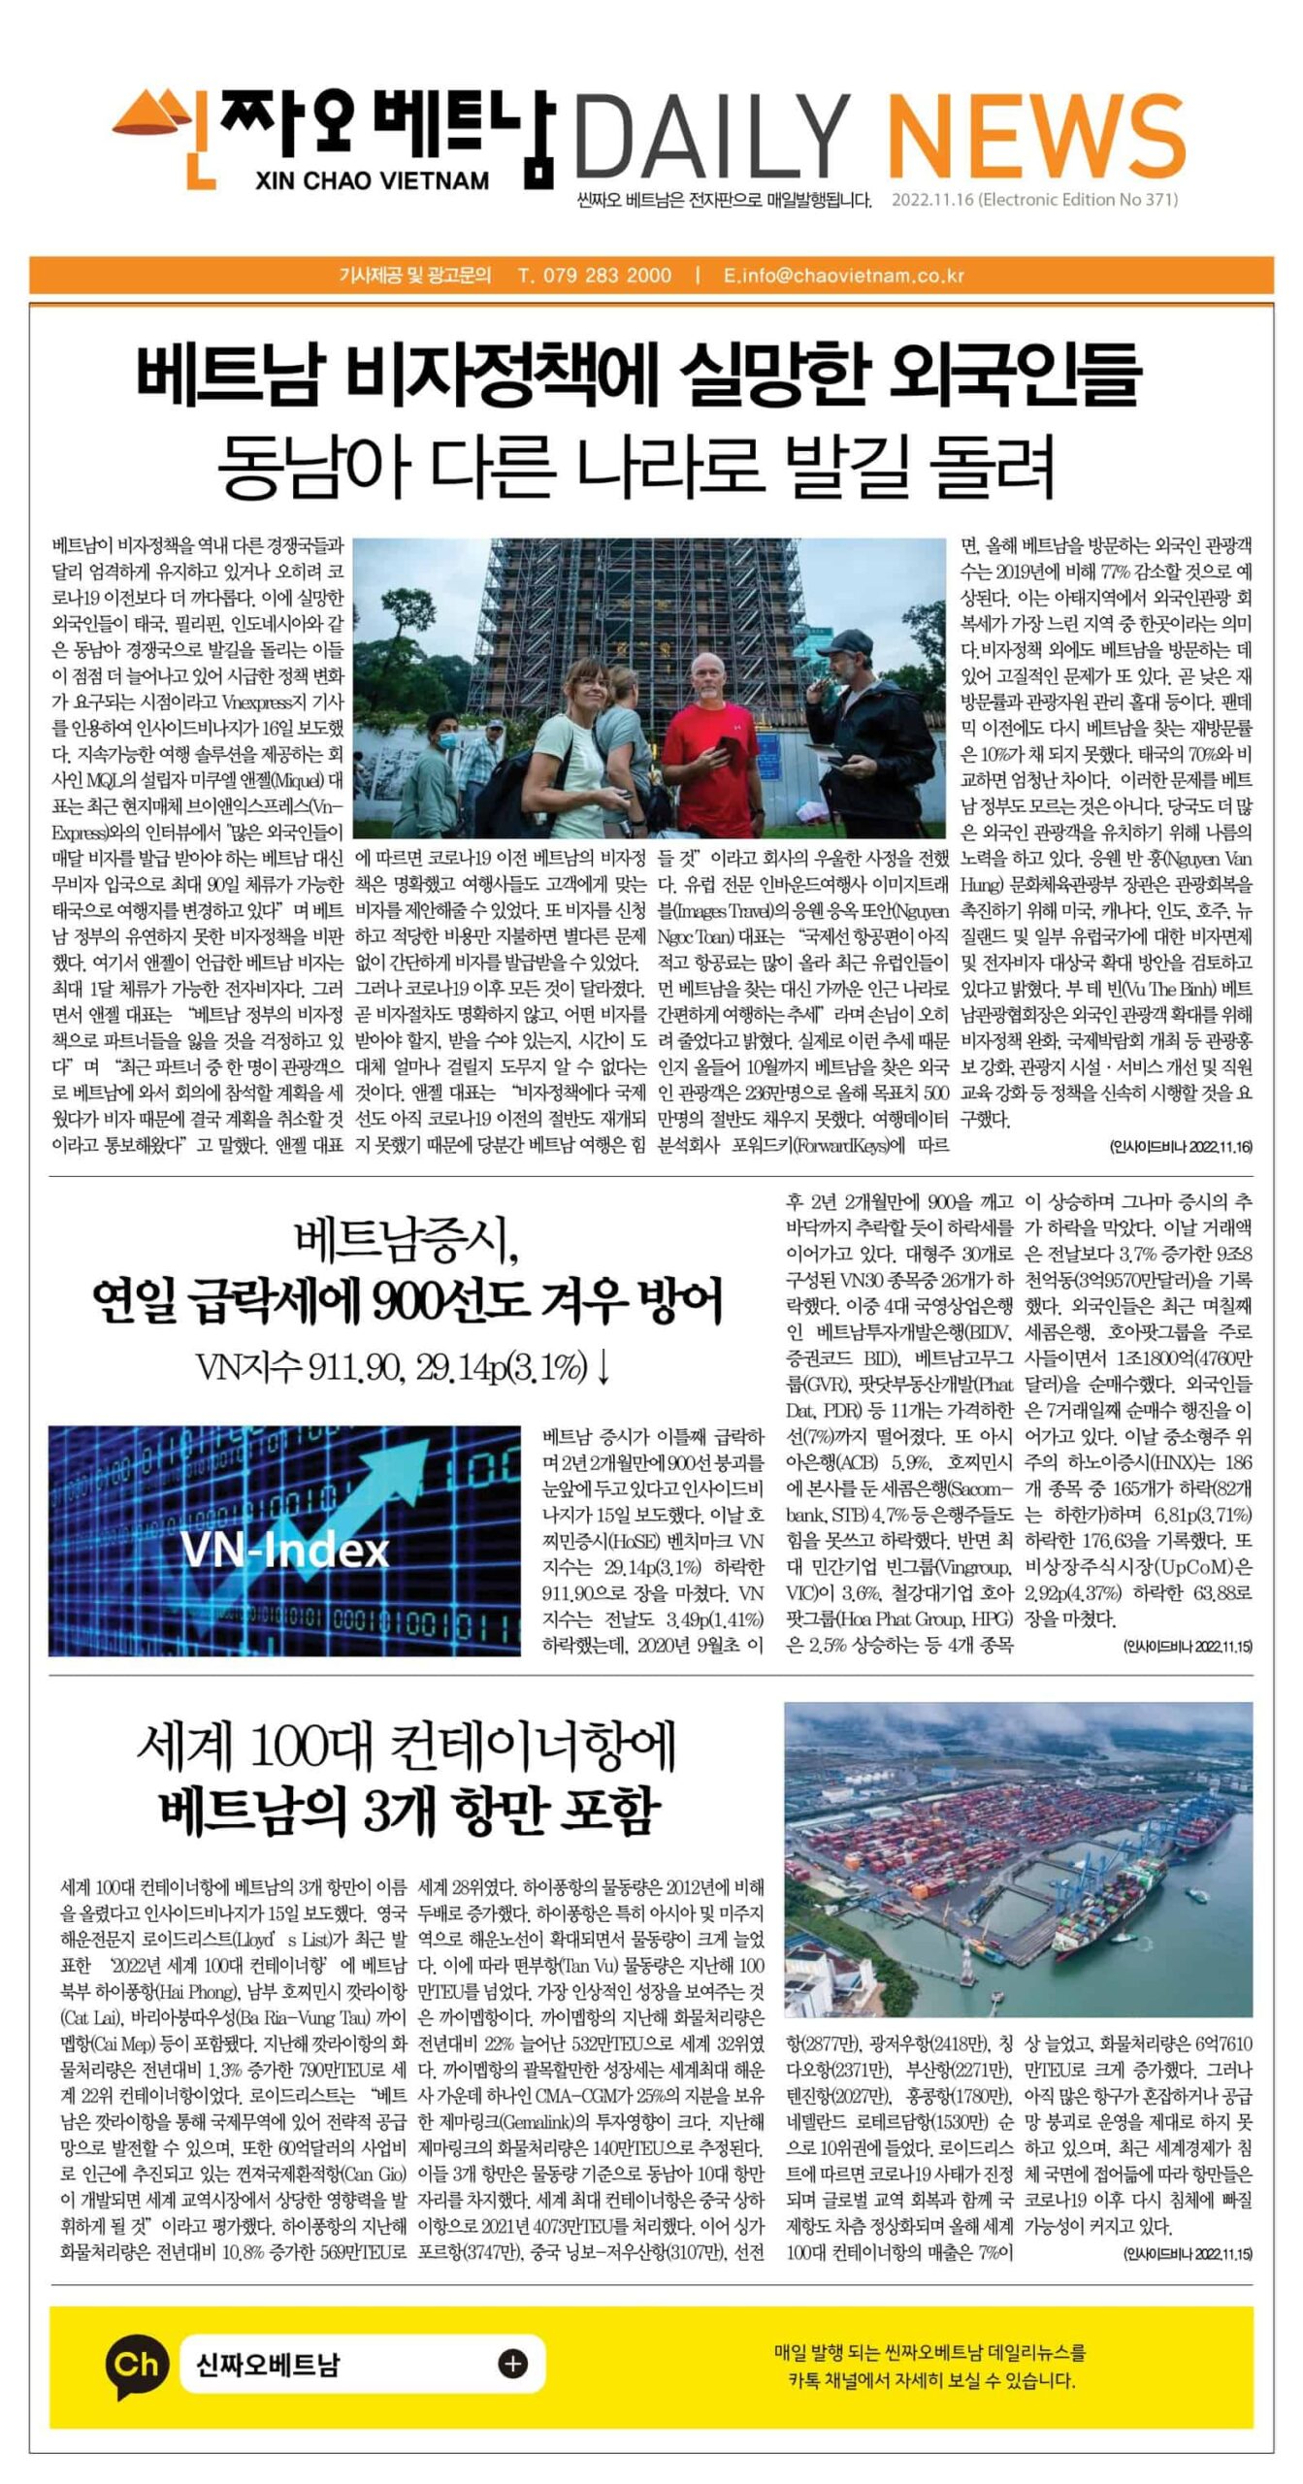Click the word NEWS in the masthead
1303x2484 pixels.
[x=1035, y=138]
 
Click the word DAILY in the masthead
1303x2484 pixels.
[x=714, y=138]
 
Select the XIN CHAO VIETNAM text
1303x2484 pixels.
[x=372, y=180]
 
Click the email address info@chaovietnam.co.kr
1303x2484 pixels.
[x=843, y=275]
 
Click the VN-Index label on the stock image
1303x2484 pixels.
[x=285, y=1551]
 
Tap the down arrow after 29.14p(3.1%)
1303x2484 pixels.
[x=603, y=1367]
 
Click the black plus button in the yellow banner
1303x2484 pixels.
[x=513, y=2364]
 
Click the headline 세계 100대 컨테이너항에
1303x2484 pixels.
[x=406, y=1747]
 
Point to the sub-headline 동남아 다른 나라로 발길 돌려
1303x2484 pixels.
[x=635, y=467]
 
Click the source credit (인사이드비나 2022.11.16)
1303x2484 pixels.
[x=1180, y=1146]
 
